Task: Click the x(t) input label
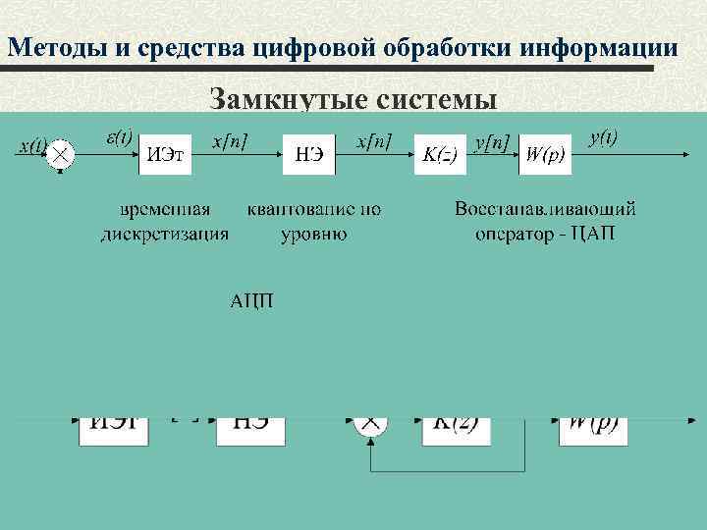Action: coord(31,146)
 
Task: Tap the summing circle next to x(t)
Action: coord(61,154)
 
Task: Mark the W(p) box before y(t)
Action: coord(545,154)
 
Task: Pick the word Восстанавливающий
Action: coord(545,209)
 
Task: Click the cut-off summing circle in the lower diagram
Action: coord(370,425)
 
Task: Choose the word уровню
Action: coord(313,234)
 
